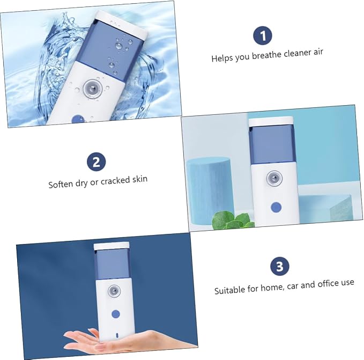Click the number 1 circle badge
pyautogui.click(x=263, y=35)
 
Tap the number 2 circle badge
pyautogui.click(x=96, y=161)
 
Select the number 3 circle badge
pyautogui.click(x=280, y=266)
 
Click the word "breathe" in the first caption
pyautogui.click(x=267, y=55)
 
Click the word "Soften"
pyautogui.click(x=61, y=184)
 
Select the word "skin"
pyautogui.click(x=140, y=179)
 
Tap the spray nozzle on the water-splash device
pyautogui.click(x=93, y=88)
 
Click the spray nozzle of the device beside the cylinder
pyautogui.click(x=274, y=179)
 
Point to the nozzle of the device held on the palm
pyautogui.click(x=114, y=291)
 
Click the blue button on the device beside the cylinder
pyautogui.click(x=276, y=207)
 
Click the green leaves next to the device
pyautogui.click(x=233, y=221)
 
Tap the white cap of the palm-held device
pyautogui.click(x=112, y=246)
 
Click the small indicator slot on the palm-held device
pyautogui.click(x=117, y=335)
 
